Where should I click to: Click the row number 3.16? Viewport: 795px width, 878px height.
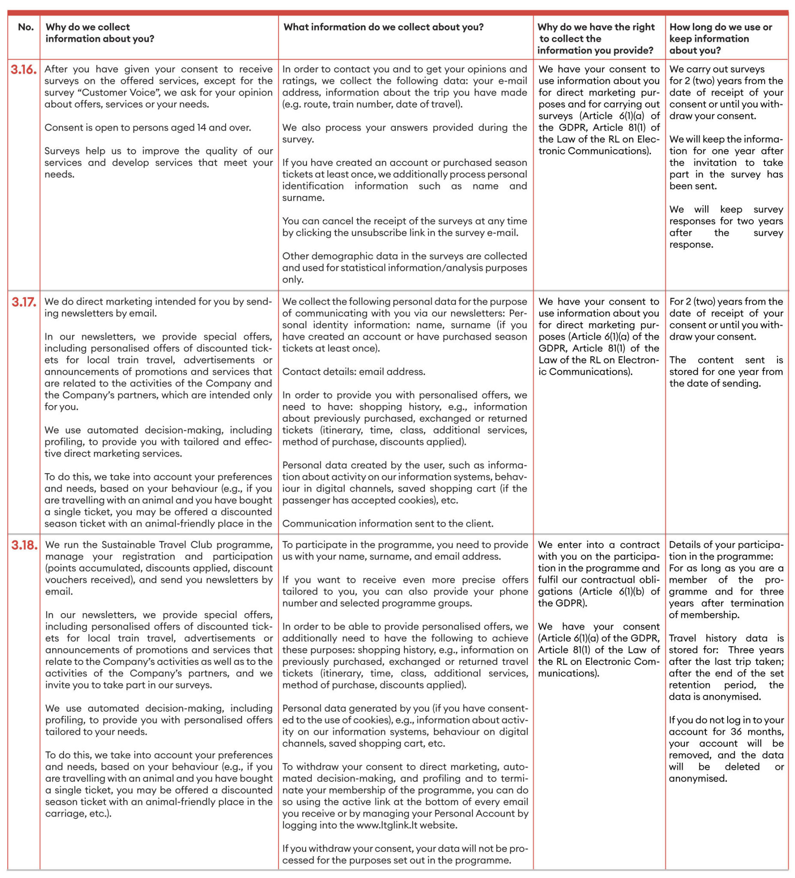tap(24, 69)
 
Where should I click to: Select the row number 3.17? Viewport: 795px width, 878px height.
tap(24, 302)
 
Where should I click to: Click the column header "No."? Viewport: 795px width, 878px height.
tap(26, 27)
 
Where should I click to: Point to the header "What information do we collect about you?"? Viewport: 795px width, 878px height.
tap(383, 27)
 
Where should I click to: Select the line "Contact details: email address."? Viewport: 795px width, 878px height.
tap(354, 372)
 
